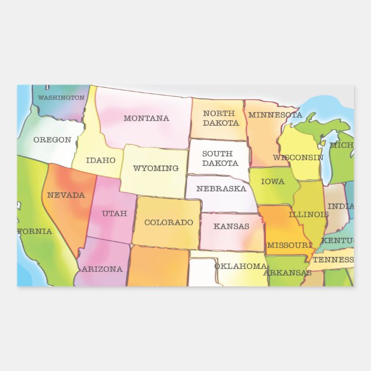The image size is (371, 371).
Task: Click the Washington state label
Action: click(61, 98)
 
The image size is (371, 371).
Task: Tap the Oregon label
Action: click(52, 140)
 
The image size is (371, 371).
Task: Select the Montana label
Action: click(146, 119)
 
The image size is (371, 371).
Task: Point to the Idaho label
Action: click(101, 161)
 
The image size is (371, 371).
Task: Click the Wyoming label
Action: click(156, 169)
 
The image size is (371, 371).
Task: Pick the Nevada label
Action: click(66, 195)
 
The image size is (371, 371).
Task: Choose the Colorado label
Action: click(168, 222)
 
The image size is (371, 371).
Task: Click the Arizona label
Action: click(102, 269)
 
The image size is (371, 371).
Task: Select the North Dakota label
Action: click(221, 118)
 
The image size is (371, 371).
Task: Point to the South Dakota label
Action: click(217, 158)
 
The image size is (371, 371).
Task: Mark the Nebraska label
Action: click(221, 189)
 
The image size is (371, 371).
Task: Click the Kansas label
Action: click(232, 226)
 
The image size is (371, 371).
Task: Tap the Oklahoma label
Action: click(240, 266)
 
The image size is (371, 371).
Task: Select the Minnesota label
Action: click(275, 115)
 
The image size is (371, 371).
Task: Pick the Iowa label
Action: click(272, 182)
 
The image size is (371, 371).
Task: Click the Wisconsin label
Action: click(298, 158)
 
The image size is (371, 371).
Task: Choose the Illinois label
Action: click(308, 215)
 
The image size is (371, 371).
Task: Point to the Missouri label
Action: click(289, 245)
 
